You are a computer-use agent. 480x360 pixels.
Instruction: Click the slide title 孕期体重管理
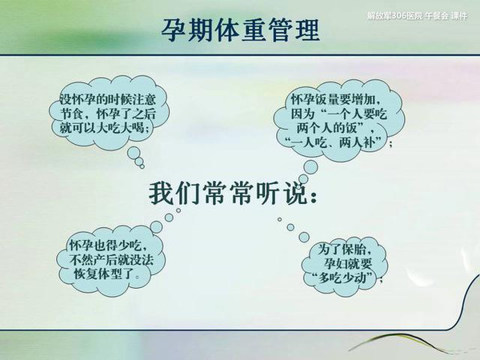pyautogui.click(x=240, y=30)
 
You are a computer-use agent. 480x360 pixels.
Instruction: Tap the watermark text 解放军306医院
pyautogui.click(x=395, y=16)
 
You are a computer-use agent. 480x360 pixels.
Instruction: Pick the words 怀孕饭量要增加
pyautogui.click(x=332, y=100)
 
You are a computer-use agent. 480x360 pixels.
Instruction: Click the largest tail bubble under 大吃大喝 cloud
pyautogui.click(x=134, y=153)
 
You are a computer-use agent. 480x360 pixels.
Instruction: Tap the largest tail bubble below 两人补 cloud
pyautogui.click(x=310, y=167)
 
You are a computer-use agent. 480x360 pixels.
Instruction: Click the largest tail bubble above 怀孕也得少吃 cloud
pyautogui.click(x=156, y=227)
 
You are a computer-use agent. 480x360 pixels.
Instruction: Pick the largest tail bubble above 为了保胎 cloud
pyautogui.click(x=304, y=237)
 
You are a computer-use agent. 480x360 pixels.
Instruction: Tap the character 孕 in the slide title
pyautogui.click(x=173, y=30)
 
